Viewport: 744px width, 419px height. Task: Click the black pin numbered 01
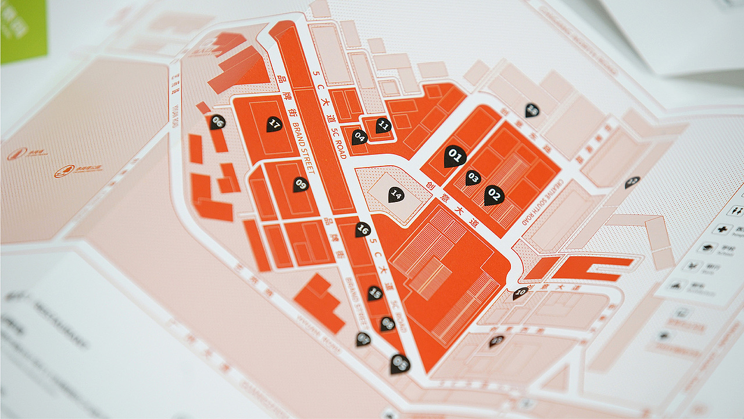[455, 156]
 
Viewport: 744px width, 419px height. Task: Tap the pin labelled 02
[494, 195]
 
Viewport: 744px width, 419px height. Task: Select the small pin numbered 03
[473, 177]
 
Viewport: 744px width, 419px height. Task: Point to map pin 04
[359, 137]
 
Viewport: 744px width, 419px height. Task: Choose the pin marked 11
[383, 125]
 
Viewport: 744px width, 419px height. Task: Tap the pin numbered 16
[363, 229]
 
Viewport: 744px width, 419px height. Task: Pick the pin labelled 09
[301, 184]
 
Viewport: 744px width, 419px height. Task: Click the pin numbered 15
[375, 293]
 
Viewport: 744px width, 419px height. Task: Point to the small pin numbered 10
[520, 293]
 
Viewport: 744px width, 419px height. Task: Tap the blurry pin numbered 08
[400, 364]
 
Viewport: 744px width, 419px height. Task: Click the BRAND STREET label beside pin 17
[303, 148]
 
